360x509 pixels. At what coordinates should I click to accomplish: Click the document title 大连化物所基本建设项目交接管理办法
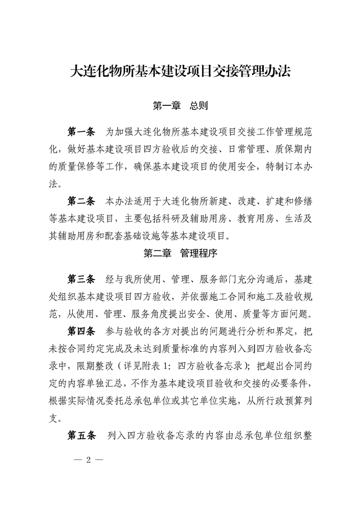pos(180,71)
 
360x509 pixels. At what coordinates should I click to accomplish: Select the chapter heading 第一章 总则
pos(180,106)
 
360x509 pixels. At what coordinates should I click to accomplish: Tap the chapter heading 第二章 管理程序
pos(180,252)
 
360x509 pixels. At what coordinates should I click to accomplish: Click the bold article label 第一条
pos(81,132)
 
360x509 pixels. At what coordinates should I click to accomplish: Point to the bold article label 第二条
pos(81,200)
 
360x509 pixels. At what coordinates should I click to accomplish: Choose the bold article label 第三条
pos(81,279)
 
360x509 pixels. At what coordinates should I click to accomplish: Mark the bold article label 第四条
pos(81,331)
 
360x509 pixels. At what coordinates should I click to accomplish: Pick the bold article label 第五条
pos(81,436)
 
